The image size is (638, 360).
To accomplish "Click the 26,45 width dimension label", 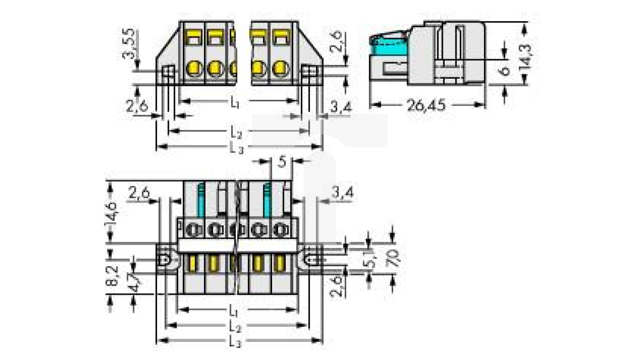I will [x=425, y=105].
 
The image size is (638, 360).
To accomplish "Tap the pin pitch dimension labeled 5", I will [x=281, y=162].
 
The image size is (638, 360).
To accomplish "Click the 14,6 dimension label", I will [x=113, y=211].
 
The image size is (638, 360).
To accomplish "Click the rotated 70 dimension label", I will [x=393, y=258].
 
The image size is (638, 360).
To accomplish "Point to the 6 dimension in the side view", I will [x=505, y=70].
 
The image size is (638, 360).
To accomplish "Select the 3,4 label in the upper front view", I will [x=341, y=108].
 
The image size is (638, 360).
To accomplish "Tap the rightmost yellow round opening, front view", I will [x=280, y=69].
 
